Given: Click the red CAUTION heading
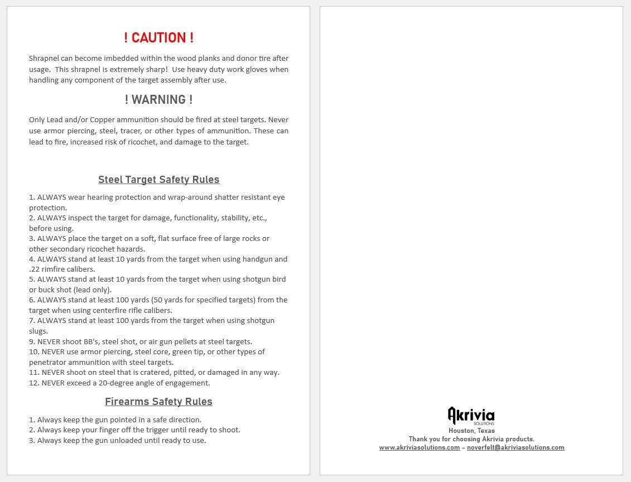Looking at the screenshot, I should pos(158,38).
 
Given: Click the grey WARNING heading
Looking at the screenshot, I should pos(158,100).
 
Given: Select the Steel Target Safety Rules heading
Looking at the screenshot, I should pos(158,180).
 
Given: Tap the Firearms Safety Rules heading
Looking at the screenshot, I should pos(158,402).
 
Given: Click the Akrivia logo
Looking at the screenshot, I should pos(471,416).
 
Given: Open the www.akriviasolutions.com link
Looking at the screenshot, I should pos(419,447).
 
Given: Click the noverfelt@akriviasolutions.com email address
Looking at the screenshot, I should pos(516,447).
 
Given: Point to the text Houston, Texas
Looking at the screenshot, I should pos(471,431).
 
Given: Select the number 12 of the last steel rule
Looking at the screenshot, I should pos(33,383).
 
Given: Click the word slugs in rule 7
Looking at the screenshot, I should pos(38,331).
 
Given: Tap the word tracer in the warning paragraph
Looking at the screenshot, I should pos(131,131).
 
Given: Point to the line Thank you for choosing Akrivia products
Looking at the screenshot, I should pos(471,439).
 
